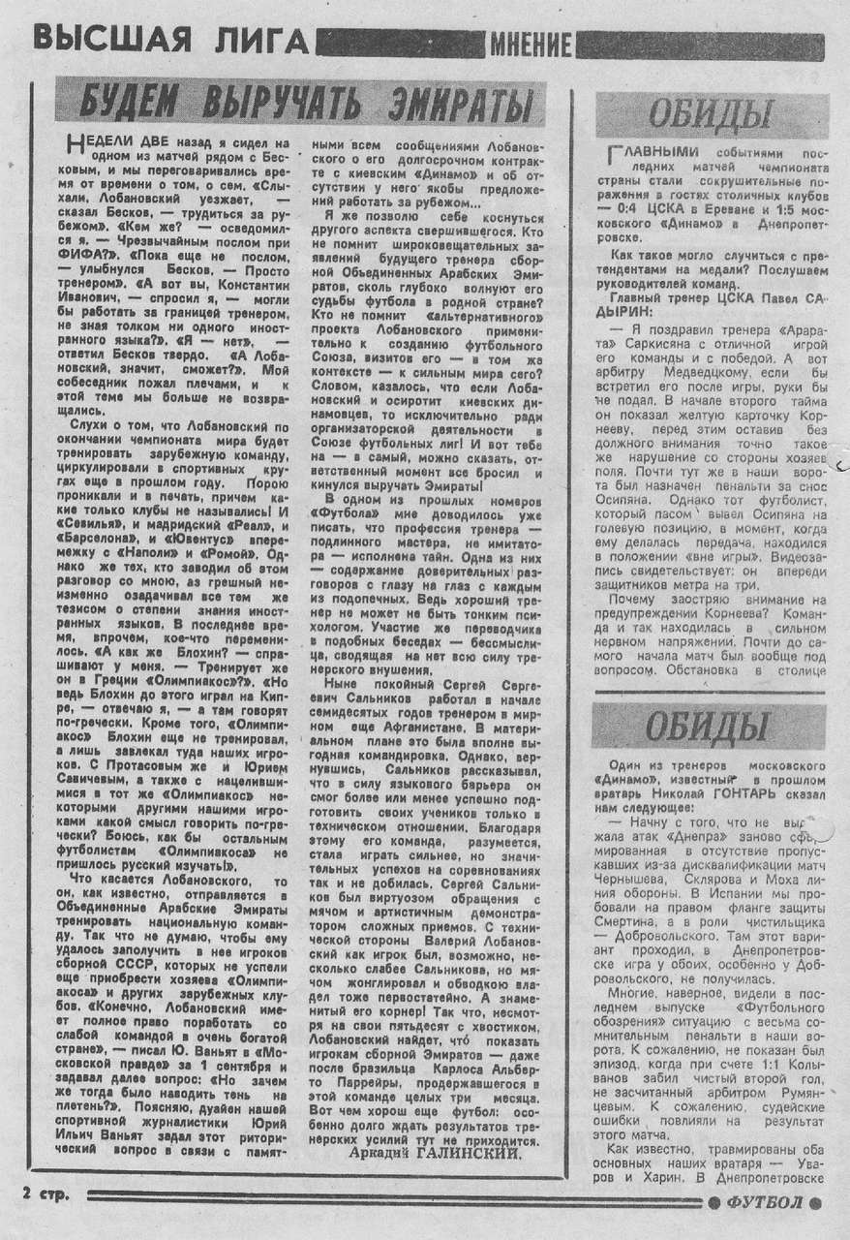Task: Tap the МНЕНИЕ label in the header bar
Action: [x=531, y=44]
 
